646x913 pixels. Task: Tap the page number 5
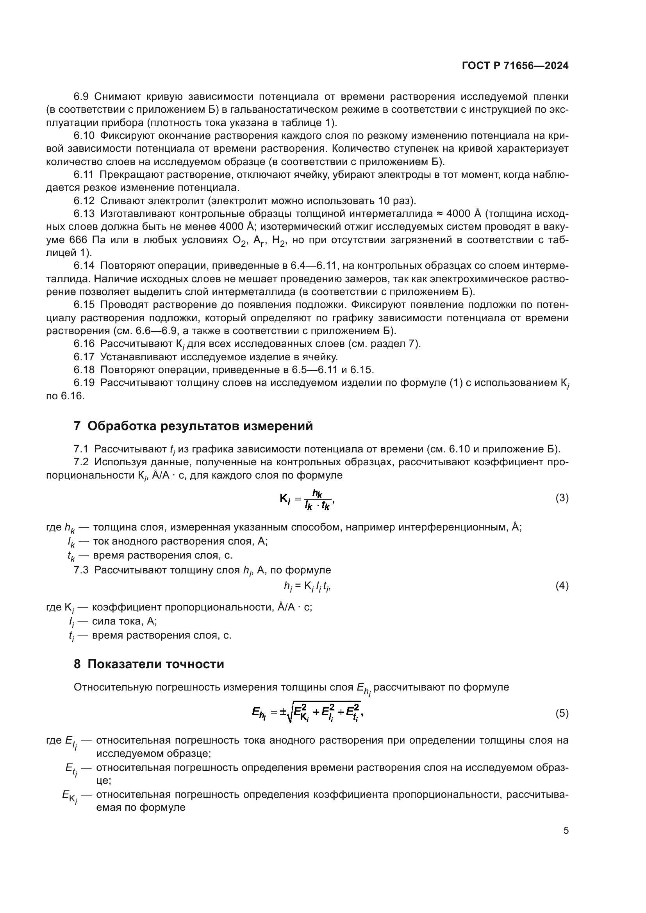(566, 830)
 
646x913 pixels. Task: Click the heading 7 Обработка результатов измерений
(193, 426)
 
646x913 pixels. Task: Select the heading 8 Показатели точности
(149, 664)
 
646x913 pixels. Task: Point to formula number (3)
(562, 498)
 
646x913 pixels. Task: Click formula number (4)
(562, 586)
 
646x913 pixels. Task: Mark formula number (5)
(562, 714)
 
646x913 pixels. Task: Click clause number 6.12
(84, 201)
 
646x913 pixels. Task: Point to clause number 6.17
(84, 357)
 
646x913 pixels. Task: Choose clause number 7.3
(81, 570)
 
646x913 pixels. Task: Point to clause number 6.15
(84, 305)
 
